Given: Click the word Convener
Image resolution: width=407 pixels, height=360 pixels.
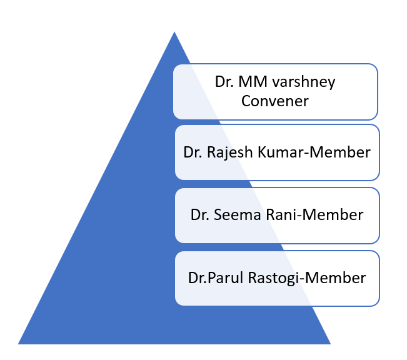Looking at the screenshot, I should [x=275, y=100].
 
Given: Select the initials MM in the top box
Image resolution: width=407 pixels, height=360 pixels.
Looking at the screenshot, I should [x=253, y=82].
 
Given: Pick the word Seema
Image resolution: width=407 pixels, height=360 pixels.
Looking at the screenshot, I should [x=234, y=215].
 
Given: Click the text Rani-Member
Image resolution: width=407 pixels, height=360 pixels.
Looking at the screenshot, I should [x=311, y=215].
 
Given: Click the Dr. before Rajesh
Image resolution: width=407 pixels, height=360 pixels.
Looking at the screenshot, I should [x=192, y=152].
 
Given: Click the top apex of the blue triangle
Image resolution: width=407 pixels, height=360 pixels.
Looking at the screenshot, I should [x=174, y=32].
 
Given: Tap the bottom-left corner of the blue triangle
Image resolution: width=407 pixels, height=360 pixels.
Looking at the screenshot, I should [x=19, y=343].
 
